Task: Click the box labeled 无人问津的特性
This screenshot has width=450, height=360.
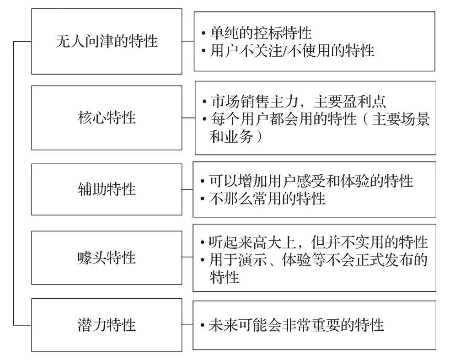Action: (x=106, y=42)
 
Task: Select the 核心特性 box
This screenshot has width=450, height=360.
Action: (x=106, y=118)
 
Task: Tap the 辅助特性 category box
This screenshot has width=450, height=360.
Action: (x=106, y=188)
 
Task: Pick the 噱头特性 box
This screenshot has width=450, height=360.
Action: (x=106, y=258)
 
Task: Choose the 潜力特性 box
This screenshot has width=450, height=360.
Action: (x=106, y=325)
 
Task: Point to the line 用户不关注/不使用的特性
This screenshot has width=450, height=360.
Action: (x=292, y=50)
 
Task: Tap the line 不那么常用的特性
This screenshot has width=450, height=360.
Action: (x=267, y=199)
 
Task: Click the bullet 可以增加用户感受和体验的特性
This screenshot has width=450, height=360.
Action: (x=311, y=181)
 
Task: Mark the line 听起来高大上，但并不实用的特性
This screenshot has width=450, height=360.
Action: (x=318, y=242)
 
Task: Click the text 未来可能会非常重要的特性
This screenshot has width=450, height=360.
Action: (x=296, y=325)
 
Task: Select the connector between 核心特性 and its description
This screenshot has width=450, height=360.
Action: (x=188, y=118)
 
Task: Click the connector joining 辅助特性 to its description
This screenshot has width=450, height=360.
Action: (x=187, y=188)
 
